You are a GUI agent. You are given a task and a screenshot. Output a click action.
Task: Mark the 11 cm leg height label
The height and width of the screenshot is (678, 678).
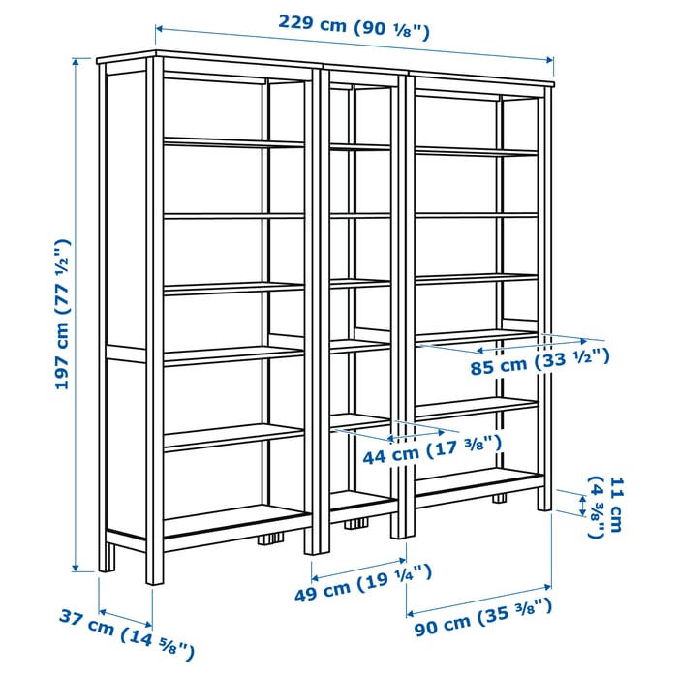(x=606, y=505)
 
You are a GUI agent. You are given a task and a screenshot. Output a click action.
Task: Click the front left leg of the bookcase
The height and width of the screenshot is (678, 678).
(x=154, y=567)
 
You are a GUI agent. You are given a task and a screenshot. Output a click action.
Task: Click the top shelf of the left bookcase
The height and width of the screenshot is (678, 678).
(x=233, y=142)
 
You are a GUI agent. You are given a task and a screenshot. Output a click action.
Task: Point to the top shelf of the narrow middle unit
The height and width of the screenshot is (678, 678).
(x=359, y=147)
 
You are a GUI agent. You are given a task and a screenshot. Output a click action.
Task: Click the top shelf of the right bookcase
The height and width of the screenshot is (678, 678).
(x=476, y=151)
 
